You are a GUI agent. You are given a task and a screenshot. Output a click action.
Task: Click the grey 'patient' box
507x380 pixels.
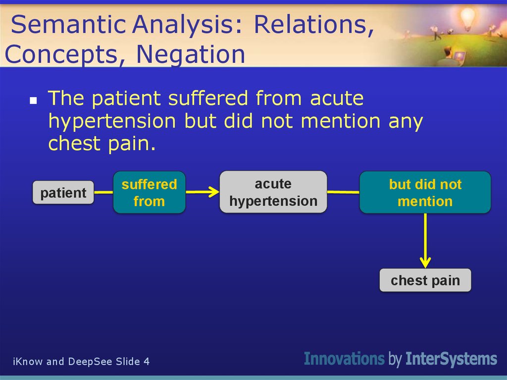coord(63,193)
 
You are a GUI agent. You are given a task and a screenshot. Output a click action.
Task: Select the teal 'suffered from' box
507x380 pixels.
coord(150,192)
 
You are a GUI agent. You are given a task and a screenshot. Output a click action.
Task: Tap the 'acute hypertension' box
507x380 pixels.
coord(273,192)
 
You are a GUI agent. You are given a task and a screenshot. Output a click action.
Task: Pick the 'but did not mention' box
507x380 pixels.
coord(425,192)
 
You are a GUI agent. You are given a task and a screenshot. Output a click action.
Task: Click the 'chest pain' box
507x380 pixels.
coord(425,280)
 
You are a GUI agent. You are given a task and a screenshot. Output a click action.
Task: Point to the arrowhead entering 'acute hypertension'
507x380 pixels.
coord(214,192)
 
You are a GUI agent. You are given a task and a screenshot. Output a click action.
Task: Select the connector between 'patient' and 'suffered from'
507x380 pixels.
coord(103,192)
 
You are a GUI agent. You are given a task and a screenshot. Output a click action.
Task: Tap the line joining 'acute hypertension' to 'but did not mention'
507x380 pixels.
coord(344,192)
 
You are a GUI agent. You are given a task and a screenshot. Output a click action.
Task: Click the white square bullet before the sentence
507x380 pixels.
coord(33,101)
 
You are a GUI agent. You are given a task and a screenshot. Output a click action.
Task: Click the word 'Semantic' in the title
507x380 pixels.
coord(68,25)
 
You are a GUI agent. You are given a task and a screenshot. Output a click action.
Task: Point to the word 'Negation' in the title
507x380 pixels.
coord(191,54)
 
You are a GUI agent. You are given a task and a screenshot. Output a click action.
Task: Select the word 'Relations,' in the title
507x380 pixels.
coord(314,25)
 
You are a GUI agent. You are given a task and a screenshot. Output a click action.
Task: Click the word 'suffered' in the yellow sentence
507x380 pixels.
coord(208,98)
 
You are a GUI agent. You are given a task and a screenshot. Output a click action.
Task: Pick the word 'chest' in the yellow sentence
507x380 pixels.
coord(75,143)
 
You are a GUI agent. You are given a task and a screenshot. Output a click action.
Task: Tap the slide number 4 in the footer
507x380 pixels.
coord(147,362)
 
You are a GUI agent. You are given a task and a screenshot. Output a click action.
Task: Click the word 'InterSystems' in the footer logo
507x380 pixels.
coord(452,359)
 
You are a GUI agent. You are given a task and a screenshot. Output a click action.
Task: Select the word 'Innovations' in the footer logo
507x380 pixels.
coord(345,359)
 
